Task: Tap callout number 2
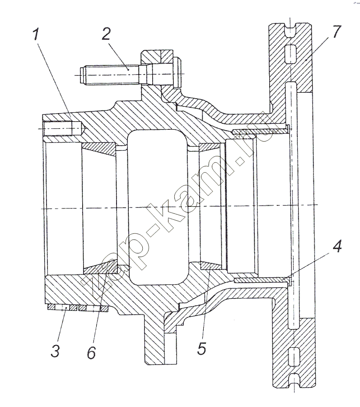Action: pos(106,34)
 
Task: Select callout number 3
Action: pos(55,351)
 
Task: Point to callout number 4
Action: pos(337,246)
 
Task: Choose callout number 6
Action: pos(91,352)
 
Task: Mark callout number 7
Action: pos(336,31)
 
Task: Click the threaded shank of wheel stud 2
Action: pos(112,75)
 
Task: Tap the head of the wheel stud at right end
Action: pos(177,73)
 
